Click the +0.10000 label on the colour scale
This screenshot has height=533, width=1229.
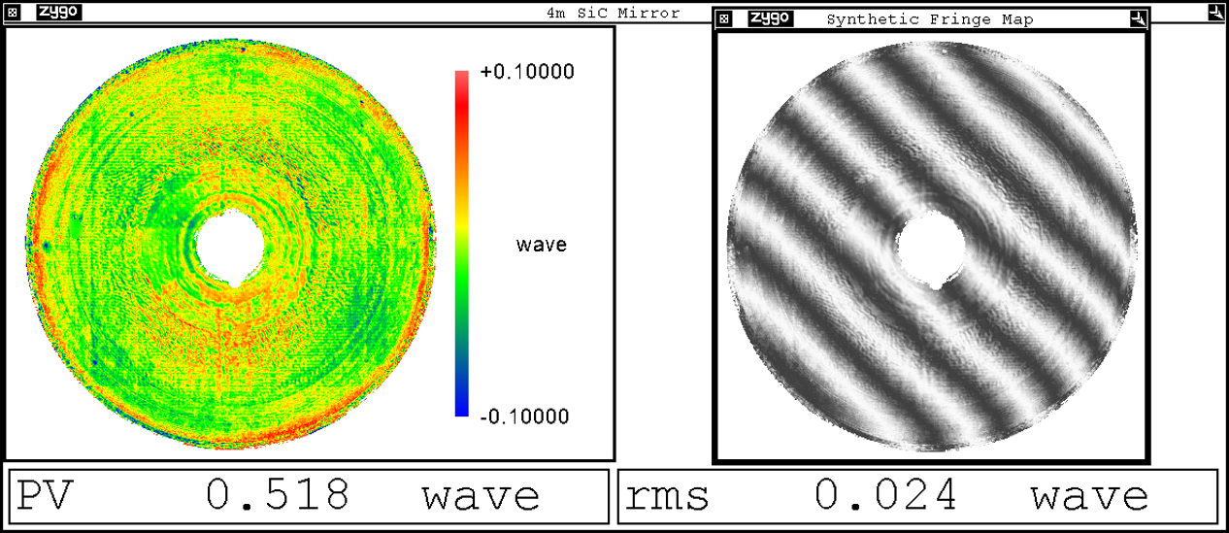point(527,73)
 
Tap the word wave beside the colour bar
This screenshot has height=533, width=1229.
point(541,245)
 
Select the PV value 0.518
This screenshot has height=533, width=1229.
point(278,496)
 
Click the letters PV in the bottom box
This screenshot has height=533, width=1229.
point(45,496)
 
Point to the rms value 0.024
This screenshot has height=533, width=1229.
point(885,496)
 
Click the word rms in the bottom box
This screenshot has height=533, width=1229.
point(667,496)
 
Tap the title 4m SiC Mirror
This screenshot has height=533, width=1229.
point(614,13)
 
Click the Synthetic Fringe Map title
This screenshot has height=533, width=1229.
point(929,19)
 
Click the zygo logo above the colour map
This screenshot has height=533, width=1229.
point(58,13)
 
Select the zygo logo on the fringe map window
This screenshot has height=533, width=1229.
point(771,18)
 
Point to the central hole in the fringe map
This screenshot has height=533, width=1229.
point(930,250)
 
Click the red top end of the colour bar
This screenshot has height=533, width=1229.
point(462,78)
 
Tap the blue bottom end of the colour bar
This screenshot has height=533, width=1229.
point(462,409)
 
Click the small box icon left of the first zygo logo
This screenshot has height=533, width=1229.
point(14,13)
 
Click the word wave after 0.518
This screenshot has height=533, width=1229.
point(481,496)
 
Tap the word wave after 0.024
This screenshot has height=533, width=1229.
point(1089,496)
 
